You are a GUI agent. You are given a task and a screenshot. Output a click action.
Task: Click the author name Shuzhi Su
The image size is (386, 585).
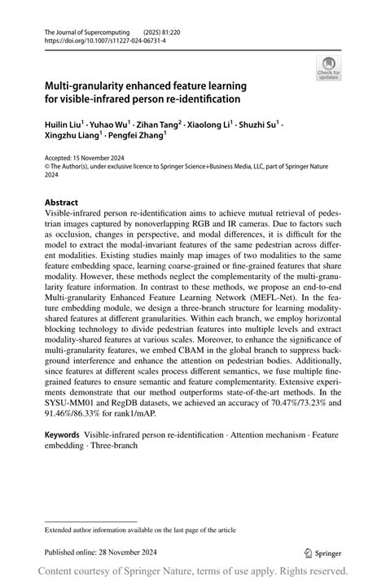pos(258,125)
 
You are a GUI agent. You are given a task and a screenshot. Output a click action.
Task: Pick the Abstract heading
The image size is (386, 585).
pos(61,202)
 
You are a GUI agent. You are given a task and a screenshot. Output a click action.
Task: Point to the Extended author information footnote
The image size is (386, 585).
pos(140,530)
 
